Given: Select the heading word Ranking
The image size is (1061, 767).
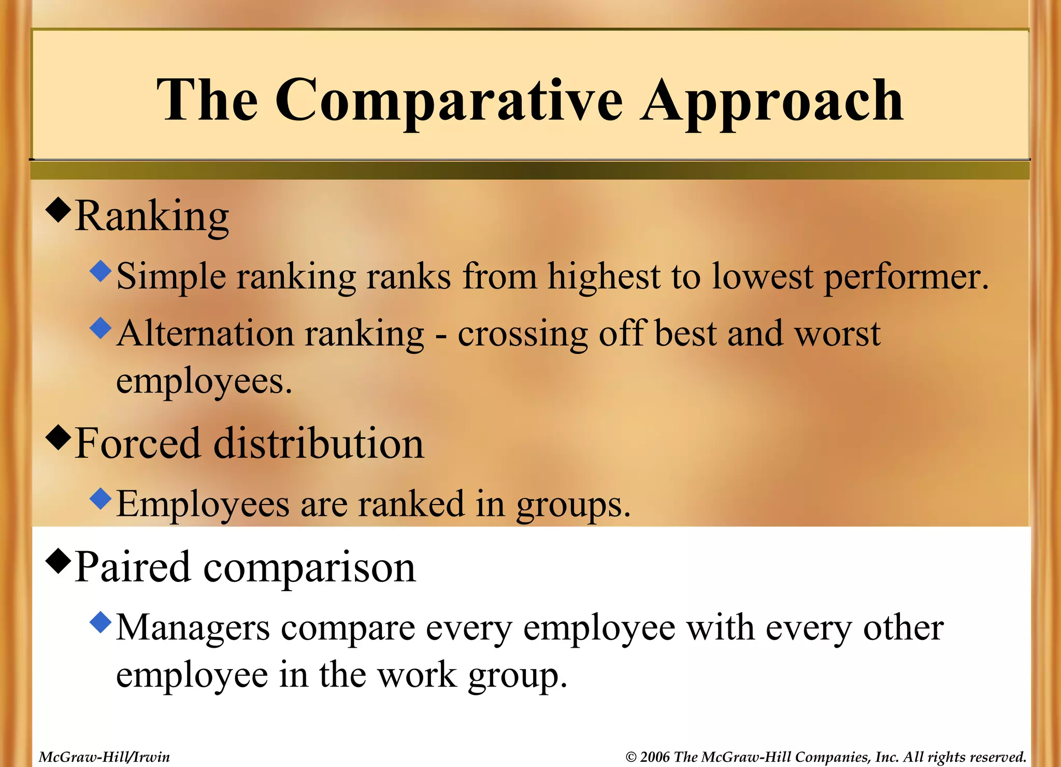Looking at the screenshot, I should (152, 217).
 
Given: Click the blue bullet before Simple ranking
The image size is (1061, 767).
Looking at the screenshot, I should (101, 271).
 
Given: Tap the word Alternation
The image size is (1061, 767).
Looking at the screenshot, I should (205, 333).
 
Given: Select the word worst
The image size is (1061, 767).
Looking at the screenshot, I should (837, 333).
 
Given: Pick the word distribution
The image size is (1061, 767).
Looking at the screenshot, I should (319, 444).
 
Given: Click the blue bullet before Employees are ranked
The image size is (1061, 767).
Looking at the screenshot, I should (101, 498).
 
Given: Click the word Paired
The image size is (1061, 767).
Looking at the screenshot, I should (133, 567).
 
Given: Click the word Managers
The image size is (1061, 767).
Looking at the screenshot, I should (193, 629).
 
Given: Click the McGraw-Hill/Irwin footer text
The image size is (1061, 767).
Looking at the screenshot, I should (104, 757).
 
